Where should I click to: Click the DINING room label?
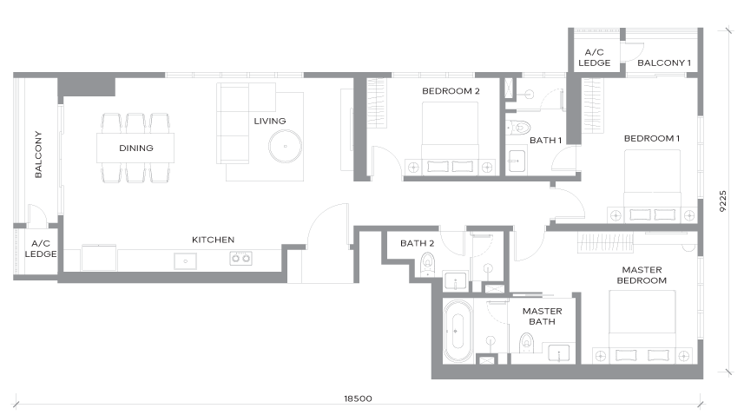click(136, 148)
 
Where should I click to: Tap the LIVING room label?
click(270, 121)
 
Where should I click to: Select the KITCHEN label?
click(213, 240)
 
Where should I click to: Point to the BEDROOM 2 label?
click(451, 90)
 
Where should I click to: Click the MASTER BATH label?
click(542, 316)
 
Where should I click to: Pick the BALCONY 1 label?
click(664, 63)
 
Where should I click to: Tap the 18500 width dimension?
click(358, 399)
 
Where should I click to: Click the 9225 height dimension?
click(722, 201)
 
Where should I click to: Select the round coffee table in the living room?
click(285, 147)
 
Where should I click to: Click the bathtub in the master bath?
click(458, 331)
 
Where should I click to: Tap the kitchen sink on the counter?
click(186, 260)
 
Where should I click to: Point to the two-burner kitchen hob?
click(240, 259)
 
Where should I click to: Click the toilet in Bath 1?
click(517, 127)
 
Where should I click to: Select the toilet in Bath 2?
click(427, 264)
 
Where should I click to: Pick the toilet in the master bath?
click(526, 343)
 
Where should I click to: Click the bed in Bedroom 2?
click(450, 137)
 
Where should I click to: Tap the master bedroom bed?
click(642, 326)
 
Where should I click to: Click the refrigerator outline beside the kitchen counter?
click(99, 258)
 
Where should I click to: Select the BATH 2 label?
click(417, 243)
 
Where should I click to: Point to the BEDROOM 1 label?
click(651, 139)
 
